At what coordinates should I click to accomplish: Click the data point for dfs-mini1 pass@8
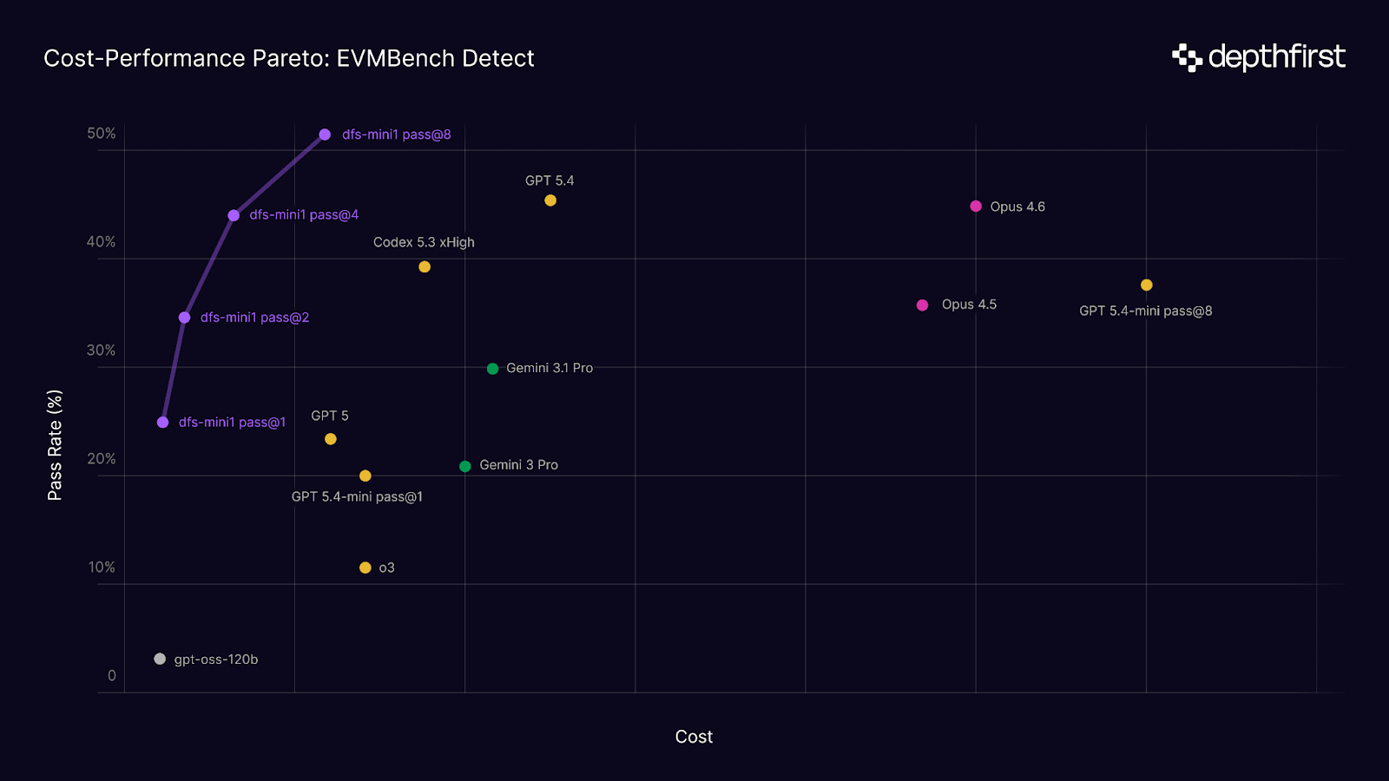pos(325,135)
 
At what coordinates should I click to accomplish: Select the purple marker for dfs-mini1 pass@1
pos(163,423)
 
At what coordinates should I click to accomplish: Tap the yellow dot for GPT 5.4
pos(550,200)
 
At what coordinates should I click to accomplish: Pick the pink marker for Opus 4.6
pos(976,207)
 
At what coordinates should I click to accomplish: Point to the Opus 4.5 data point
pos(923,305)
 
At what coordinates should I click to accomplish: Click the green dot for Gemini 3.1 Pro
pos(492,369)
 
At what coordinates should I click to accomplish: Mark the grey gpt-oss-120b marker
pos(160,660)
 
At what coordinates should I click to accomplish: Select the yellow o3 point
pos(365,568)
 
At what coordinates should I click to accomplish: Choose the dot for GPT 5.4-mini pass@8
pos(1147,285)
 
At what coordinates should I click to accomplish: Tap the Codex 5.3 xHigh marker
pos(425,267)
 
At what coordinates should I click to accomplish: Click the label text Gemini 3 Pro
pos(518,465)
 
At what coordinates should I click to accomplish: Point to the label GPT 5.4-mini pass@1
pos(357,497)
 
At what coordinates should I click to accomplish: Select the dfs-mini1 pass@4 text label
pos(304,215)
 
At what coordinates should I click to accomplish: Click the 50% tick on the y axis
pos(101,134)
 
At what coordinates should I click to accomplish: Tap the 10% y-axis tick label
pos(101,568)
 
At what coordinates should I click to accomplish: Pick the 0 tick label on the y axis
pos(111,676)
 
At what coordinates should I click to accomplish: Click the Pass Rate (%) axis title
pos(55,445)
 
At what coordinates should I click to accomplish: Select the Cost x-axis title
pos(694,737)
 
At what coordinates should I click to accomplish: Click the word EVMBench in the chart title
pos(395,58)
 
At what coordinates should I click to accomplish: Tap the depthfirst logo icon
pos(1187,57)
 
